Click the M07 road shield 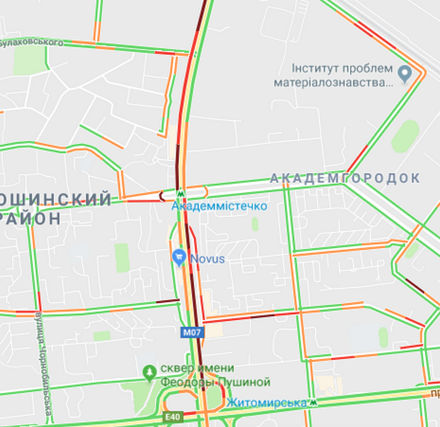[192, 332]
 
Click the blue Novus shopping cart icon [179, 258]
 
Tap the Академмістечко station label [219, 206]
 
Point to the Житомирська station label [266, 402]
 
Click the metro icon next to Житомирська [315, 402]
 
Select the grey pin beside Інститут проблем [405, 74]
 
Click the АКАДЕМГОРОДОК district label [345, 178]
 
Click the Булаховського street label [32, 42]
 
